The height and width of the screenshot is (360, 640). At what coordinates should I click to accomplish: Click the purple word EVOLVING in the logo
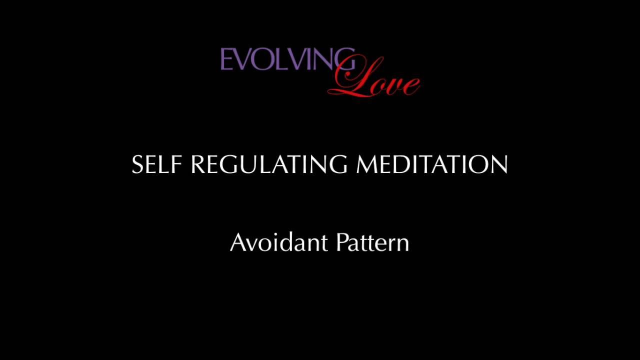(x=287, y=60)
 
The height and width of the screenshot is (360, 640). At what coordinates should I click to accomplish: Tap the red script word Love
(x=375, y=80)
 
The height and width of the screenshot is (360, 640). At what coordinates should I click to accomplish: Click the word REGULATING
(x=268, y=164)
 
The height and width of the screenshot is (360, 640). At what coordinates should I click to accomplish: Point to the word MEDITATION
(x=432, y=164)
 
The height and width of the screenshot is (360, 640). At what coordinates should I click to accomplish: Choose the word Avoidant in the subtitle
(x=279, y=242)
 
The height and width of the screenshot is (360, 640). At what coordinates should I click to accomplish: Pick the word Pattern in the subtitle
(x=373, y=242)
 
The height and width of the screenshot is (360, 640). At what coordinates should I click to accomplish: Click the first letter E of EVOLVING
(x=225, y=60)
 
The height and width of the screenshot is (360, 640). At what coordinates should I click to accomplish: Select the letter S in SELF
(x=138, y=164)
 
